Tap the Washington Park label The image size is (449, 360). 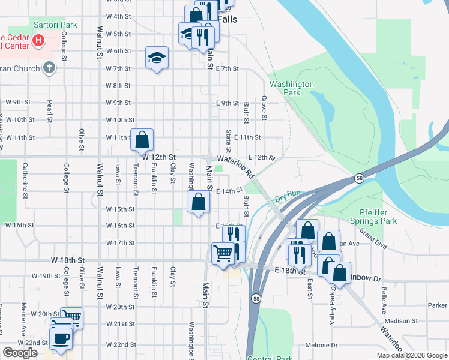292,88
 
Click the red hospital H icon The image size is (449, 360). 39,41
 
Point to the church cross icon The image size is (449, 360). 49,68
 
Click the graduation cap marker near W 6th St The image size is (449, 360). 157,58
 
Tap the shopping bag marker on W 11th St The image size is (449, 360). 142,140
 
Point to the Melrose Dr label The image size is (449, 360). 321,345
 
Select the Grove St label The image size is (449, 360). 264,106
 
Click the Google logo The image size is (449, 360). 20,352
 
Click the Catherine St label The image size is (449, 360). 25,180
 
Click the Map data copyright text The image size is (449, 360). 411,355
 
